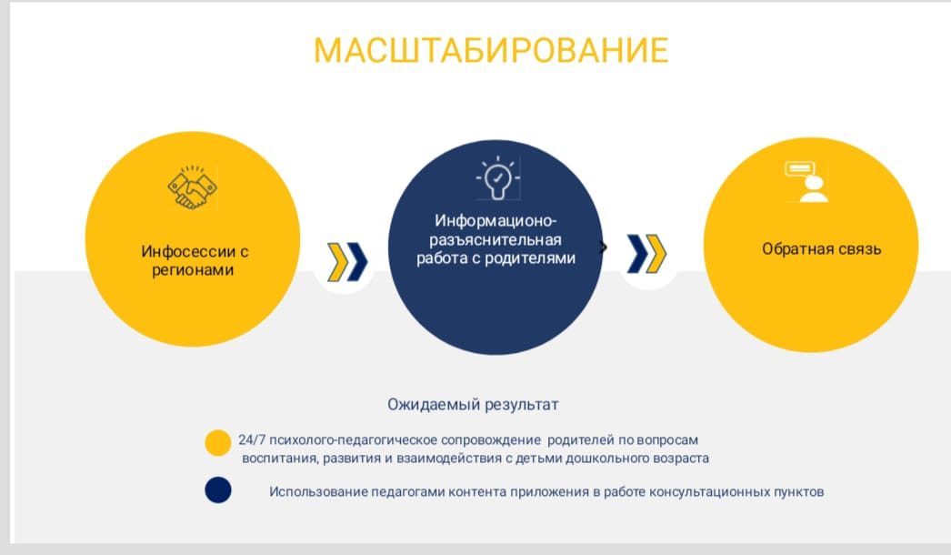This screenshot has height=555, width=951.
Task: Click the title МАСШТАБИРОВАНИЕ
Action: (x=491, y=50)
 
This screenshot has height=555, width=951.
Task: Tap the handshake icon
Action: (x=192, y=187)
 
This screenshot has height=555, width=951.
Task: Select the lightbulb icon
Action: (x=498, y=178)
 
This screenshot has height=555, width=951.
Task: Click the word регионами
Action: (x=193, y=270)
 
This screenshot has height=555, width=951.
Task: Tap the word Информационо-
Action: (x=496, y=221)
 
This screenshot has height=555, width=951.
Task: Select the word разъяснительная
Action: (x=496, y=240)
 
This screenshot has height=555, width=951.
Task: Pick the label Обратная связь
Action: (x=821, y=249)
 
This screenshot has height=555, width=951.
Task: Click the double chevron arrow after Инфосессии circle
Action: (x=347, y=262)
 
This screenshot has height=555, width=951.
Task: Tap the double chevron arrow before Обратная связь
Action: (x=646, y=253)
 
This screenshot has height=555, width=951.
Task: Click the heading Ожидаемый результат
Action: (x=473, y=404)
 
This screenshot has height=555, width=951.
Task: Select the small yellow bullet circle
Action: (x=217, y=443)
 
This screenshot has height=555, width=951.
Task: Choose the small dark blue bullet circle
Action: (x=217, y=490)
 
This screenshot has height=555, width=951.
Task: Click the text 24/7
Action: (x=252, y=439)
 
